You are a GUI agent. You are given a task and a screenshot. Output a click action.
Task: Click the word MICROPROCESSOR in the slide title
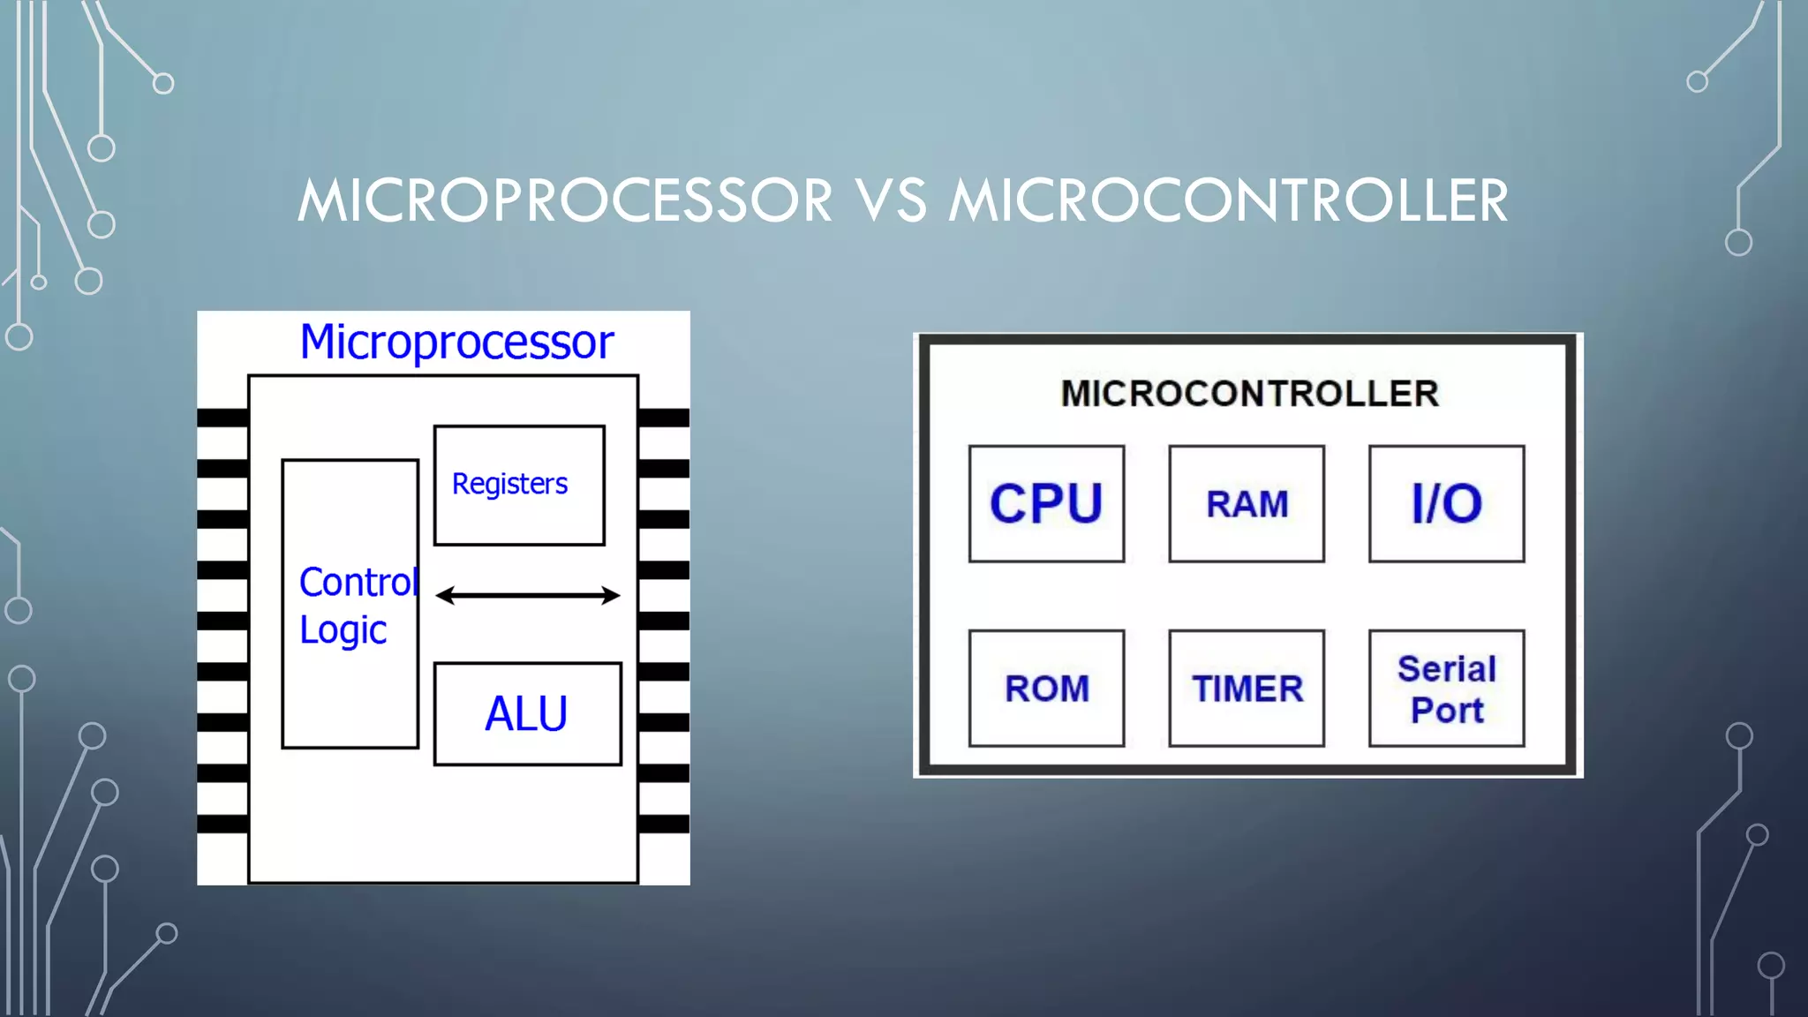point(565,200)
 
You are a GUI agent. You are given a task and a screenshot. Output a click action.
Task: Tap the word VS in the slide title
point(891,200)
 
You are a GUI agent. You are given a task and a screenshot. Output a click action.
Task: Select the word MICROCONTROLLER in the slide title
point(1228,200)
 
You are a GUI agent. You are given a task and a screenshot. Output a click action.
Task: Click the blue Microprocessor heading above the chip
point(456,342)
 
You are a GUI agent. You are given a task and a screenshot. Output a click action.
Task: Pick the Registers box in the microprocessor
point(519,486)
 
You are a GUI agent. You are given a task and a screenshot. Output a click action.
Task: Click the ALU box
point(527,713)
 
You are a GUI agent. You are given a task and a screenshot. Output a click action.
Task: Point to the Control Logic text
point(357,605)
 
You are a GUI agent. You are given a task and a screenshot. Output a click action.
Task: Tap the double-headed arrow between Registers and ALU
point(528,596)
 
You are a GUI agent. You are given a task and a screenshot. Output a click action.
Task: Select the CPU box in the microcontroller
point(1046,503)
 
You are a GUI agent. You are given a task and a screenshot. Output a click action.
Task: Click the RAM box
point(1247,503)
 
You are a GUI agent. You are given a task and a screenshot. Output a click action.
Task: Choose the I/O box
point(1446,503)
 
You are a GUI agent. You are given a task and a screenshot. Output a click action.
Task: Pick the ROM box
point(1046,688)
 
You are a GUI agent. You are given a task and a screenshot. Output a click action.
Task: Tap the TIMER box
point(1247,688)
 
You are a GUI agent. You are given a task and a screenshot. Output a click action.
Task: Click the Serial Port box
point(1446,688)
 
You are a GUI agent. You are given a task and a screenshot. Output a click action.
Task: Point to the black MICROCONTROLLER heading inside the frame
point(1249,394)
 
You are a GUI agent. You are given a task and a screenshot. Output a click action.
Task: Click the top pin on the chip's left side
point(222,418)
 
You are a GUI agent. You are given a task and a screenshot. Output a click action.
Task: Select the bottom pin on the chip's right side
point(663,824)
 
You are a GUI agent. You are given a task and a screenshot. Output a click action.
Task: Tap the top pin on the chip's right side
point(663,418)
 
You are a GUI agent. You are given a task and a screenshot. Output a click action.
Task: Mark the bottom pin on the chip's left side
point(222,824)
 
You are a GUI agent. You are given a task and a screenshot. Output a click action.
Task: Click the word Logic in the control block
point(343,630)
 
